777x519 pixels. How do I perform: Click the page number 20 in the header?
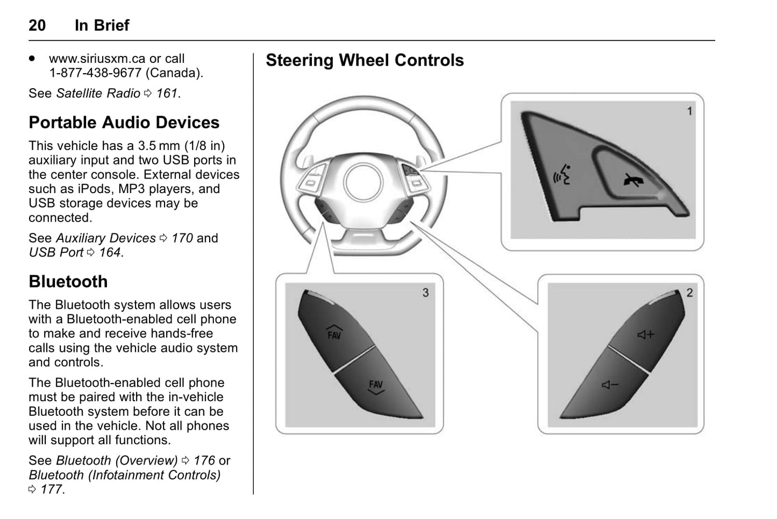click(x=37, y=25)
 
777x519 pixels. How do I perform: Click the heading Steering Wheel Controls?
click(x=365, y=60)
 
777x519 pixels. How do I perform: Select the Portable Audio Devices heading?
click(x=124, y=123)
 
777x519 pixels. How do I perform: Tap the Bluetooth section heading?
click(x=68, y=282)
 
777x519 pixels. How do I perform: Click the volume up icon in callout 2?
click(x=645, y=335)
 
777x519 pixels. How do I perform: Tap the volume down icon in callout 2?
click(x=610, y=385)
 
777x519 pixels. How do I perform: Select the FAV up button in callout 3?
click(x=334, y=333)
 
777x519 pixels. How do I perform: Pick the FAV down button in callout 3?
click(x=376, y=386)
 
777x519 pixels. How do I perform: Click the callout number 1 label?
click(x=689, y=111)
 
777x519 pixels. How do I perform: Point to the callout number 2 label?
click(x=689, y=293)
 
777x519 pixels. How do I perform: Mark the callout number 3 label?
click(x=425, y=293)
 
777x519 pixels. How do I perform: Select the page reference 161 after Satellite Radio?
click(x=167, y=94)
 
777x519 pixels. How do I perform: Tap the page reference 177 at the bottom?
click(x=52, y=490)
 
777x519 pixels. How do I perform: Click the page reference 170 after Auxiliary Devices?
click(x=182, y=238)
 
